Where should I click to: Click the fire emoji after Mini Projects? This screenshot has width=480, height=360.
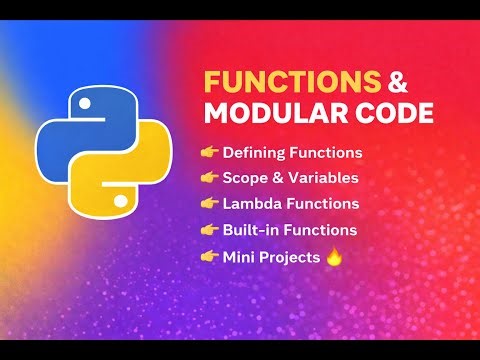coord(335,256)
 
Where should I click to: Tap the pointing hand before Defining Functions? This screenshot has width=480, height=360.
coord(210,153)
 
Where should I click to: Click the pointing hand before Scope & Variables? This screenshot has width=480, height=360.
coord(210,178)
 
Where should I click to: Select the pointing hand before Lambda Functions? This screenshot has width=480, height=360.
coord(210,204)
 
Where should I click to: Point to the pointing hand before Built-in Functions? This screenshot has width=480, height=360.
coord(210,230)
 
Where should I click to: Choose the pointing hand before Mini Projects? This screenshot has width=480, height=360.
coord(210,256)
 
